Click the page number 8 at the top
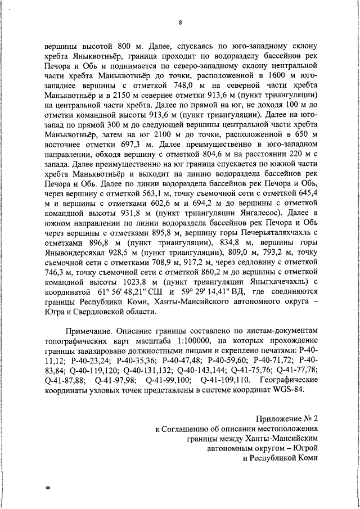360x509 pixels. [180, 23]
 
